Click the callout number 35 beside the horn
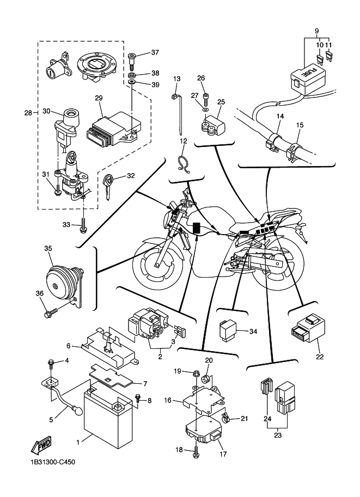[x=48, y=248]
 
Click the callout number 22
[x=320, y=357]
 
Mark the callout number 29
[x=99, y=98]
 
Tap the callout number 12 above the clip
[x=184, y=142]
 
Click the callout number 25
[x=221, y=101]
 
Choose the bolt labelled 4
[x=51, y=362]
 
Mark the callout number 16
[x=168, y=400]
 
